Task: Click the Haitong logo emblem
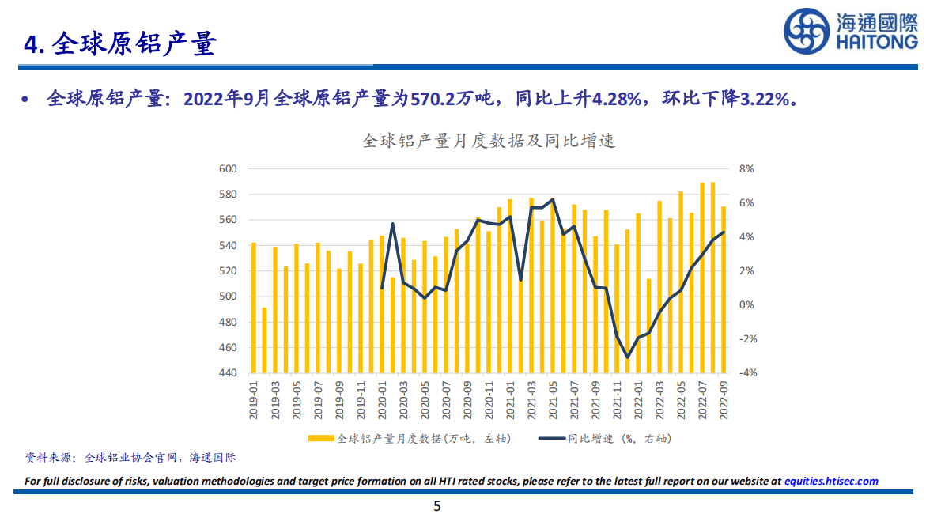pos(807,32)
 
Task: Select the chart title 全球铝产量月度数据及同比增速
pos(488,142)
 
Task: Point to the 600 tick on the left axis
pos(228,169)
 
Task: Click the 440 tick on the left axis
pos(228,373)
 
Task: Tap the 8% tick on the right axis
pos(746,169)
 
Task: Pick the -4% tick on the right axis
pos(746,373)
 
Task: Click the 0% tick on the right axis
pos(746,305)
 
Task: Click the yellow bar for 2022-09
pos(724,289)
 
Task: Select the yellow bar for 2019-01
pos(254,308)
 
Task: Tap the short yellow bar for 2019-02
pos(264,340)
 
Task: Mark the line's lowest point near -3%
pos(628,357)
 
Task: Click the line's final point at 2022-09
pos(724,232)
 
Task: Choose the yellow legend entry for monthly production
pos(411,438)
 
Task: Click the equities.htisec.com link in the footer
pos(831,481)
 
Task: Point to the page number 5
pos(437,507)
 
